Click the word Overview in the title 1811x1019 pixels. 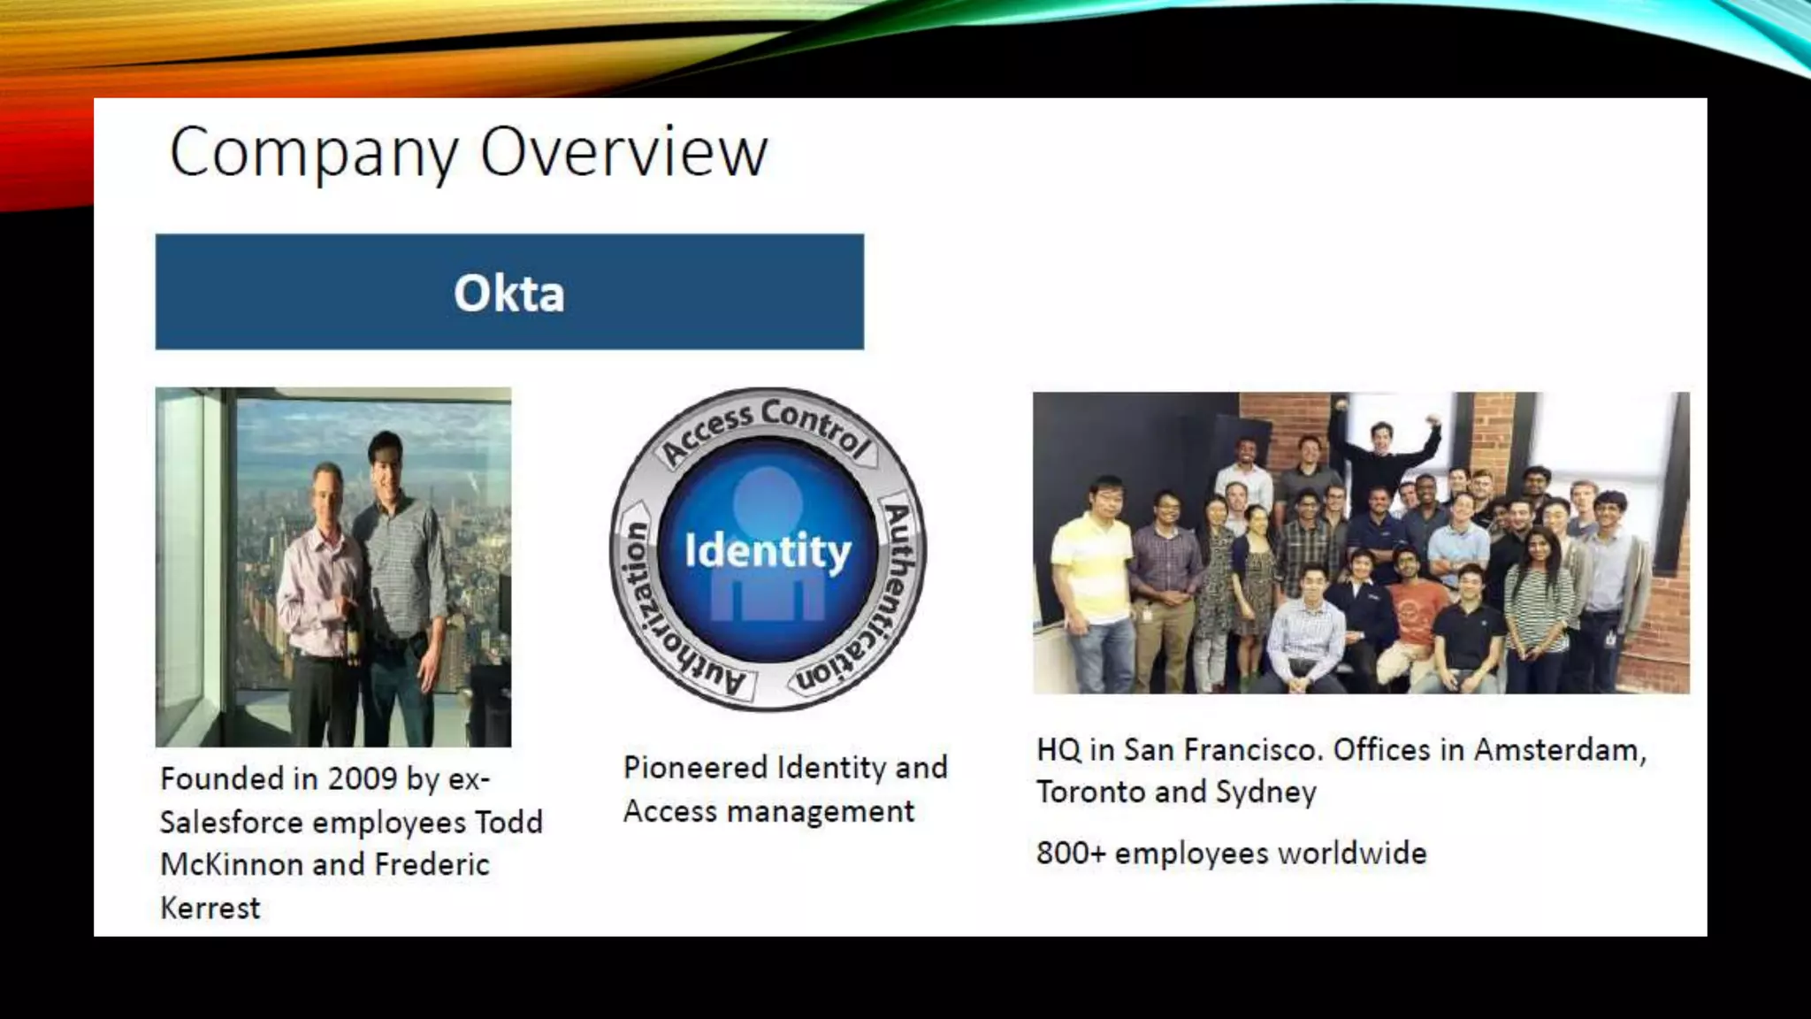pyautogui.click(x=623, y=152)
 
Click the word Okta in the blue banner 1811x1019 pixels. pyautogui.click(x=508, y=293)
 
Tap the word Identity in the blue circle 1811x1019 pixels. pyautogui.click(x=768, y=551)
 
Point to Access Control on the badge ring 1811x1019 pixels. pyautogui.click(x=766, y=429)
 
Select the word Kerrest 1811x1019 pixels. pyautogui.click(x=210, y=908)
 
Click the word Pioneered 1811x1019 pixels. pyautogui.click(x=695, y=767)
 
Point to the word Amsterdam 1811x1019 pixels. pyautogui.click(x=1559, y=750)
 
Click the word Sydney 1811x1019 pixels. pyautogui.click(x=1265, y=792)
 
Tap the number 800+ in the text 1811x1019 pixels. pyautogui.click(x=1071, y=853)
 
